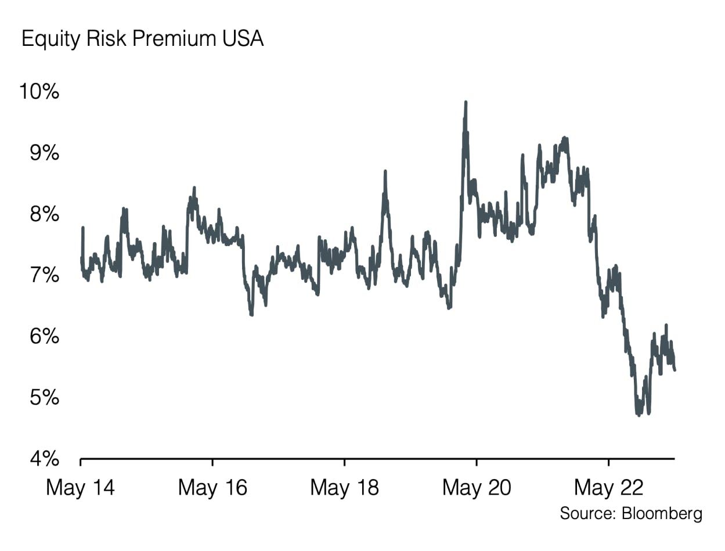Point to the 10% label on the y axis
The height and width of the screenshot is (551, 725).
pyautogui.click(x=39, y=92)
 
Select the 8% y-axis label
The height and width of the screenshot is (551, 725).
pyautogui.click(x=44, y=214)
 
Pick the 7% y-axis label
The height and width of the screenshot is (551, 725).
pyautogui.click(x=44, y=275)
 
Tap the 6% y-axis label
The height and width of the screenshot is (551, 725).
pyautogui.click(x=44, y=337)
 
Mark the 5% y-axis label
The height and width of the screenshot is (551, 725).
pyautogui.click(x=44, y=398)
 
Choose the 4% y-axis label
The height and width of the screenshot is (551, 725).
pyautogui.click(x=44, y=459)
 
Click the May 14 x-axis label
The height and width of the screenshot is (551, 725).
pyautogui.click(x=80, y=488)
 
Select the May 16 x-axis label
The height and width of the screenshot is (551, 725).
pyautogui.click(x=212, y=488)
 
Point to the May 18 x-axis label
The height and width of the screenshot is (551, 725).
pyautogui.click(x=344, y=488)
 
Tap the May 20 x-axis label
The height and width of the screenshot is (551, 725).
pyautogui.click(x=477, y=488)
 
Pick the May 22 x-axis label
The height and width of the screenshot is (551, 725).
pyautogui.click(x=608, y=488)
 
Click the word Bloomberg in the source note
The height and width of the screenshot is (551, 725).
pyautogui.click(x=662, y=513)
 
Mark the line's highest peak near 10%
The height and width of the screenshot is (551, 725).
pyautogui.click(x=466, y=102)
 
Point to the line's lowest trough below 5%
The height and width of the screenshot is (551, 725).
pyautogui.click(x=639, y=415)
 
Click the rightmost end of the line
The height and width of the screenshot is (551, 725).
pyautogui.click(x=674, y=369)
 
